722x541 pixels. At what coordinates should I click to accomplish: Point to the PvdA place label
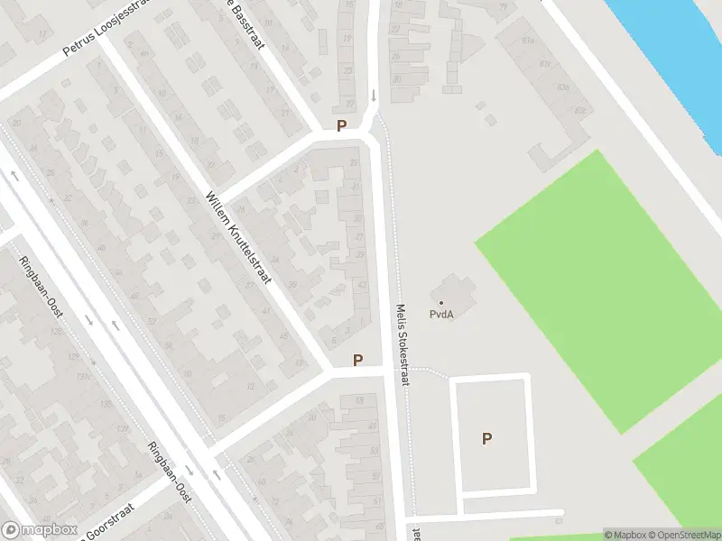[x=441, y=315]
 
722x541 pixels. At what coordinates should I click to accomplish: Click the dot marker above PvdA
[x=441, y=302]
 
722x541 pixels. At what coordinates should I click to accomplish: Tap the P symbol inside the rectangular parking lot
[x=487, y=439]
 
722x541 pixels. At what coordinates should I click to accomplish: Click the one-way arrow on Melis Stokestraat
[x=374, y=95]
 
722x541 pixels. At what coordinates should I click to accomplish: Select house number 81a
[x=529, y=41]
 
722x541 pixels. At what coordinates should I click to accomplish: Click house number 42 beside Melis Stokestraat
[x=363, y=284]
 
